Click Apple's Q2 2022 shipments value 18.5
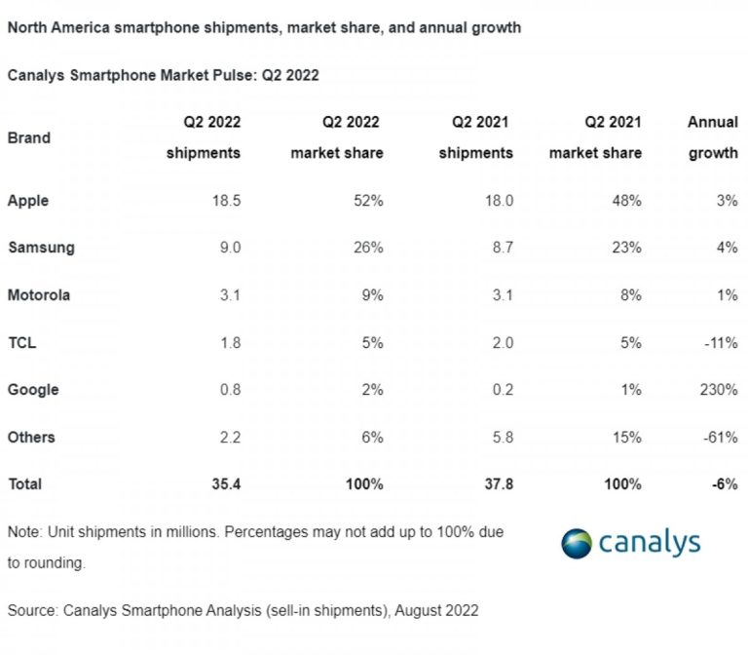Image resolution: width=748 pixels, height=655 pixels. click(225, 201)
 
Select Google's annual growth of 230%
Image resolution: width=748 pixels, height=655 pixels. click(719, 389)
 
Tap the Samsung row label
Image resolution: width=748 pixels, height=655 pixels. click(41, 248)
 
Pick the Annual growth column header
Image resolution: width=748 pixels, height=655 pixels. click(713, 137)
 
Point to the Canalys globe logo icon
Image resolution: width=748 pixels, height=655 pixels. click(577, 544)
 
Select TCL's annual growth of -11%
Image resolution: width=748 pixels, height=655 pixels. click(720, 342)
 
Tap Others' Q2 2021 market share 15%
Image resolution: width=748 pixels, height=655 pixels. click(626, 437)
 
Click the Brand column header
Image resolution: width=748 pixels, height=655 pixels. click(28, 137)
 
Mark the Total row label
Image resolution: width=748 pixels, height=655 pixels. click(24, 483)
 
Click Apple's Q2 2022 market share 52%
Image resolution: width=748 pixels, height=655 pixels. click(367, 201)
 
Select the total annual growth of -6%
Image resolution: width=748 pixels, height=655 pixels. click(723, 483)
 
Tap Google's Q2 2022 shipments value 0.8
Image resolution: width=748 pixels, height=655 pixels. click(229, 389)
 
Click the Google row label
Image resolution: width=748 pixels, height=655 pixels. click(33, 389)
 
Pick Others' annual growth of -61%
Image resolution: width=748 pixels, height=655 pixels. click(720, 437)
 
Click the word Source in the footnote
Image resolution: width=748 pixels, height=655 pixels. click(31, 610)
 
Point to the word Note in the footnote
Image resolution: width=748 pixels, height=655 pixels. click(23, 533)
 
